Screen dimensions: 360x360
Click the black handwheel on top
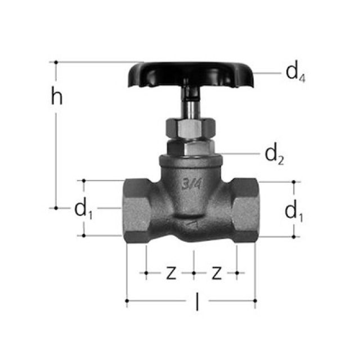click(x=191, y=74)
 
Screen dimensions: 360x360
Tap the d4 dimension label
click(x=295, y=73)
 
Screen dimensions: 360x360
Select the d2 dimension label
click(x=274, y=153)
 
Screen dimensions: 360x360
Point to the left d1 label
click(x=83, y=209)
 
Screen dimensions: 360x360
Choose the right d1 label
click(x=294, y=211)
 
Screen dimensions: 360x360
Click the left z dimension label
click(x=170, y=273)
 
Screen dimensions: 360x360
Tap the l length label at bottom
click(x=196, y=303)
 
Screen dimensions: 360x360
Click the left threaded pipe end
click(x=135, y=208)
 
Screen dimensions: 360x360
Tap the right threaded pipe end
click(x=245, y=208)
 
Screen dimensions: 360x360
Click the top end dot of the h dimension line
click(x=56, y=62)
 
